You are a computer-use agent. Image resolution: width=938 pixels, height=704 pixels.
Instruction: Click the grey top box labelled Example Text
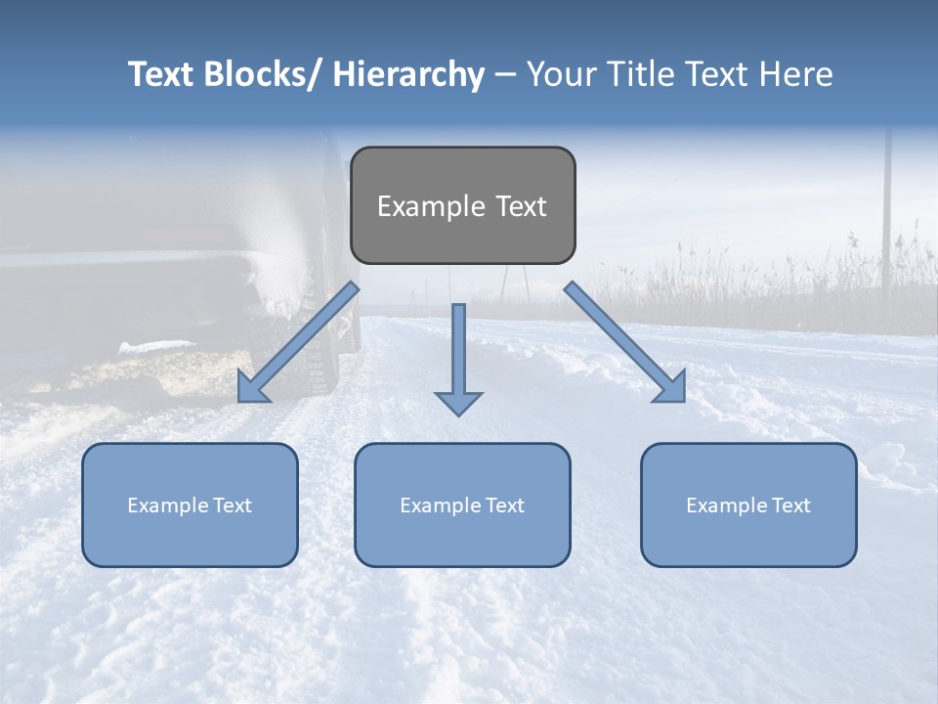(x=462, y=205)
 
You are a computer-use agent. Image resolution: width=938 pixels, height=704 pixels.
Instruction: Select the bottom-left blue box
(x=190, y=505)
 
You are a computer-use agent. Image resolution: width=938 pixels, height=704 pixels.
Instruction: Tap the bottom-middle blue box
(x=462, y=505)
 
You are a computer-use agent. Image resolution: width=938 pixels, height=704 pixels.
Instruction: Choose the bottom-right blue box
(x=748, y=505)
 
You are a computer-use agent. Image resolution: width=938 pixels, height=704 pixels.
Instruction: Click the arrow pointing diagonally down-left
(x=298, y=342)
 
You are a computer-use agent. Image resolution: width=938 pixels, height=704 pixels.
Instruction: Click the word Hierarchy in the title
(x=407, y=74)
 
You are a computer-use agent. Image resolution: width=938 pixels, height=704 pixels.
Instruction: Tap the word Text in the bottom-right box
(x=789, y=505)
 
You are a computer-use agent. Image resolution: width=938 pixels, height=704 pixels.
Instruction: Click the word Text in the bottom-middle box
(x=503, y=505)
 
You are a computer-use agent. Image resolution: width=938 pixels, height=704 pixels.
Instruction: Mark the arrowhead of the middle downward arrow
(x=458, y=402)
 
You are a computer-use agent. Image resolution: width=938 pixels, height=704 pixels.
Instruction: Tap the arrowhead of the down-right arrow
(x=671, y=388)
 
